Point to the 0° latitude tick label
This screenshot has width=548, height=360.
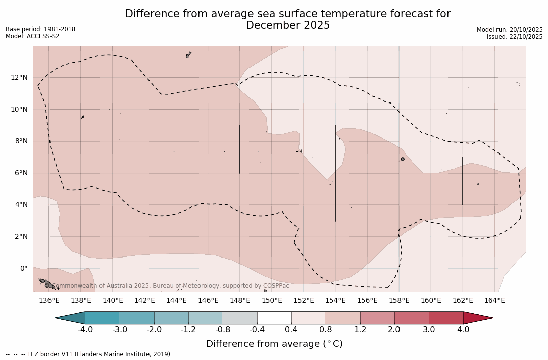point(23,268)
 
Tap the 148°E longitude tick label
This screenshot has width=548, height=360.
point(240,300)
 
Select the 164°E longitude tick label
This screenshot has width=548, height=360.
point(494,300)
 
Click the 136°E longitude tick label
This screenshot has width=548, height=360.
point(49,300)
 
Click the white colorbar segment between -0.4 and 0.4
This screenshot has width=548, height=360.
point(274,318)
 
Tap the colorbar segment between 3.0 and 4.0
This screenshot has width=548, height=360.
point(446,318)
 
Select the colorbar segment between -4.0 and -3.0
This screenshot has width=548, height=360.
point(103,318)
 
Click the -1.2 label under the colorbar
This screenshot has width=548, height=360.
point(188,330)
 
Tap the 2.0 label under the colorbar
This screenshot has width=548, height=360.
point(394,330)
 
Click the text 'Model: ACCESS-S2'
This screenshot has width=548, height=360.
point(32,36)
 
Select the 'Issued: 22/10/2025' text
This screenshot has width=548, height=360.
point(515,37)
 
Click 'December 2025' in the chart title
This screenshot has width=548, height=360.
point(288,25)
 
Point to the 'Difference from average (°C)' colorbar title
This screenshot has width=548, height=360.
point(274,344)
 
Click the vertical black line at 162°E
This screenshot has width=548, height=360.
point(462,181)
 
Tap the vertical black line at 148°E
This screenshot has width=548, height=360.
point(240,149)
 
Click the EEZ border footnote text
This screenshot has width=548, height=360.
point(89,354)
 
